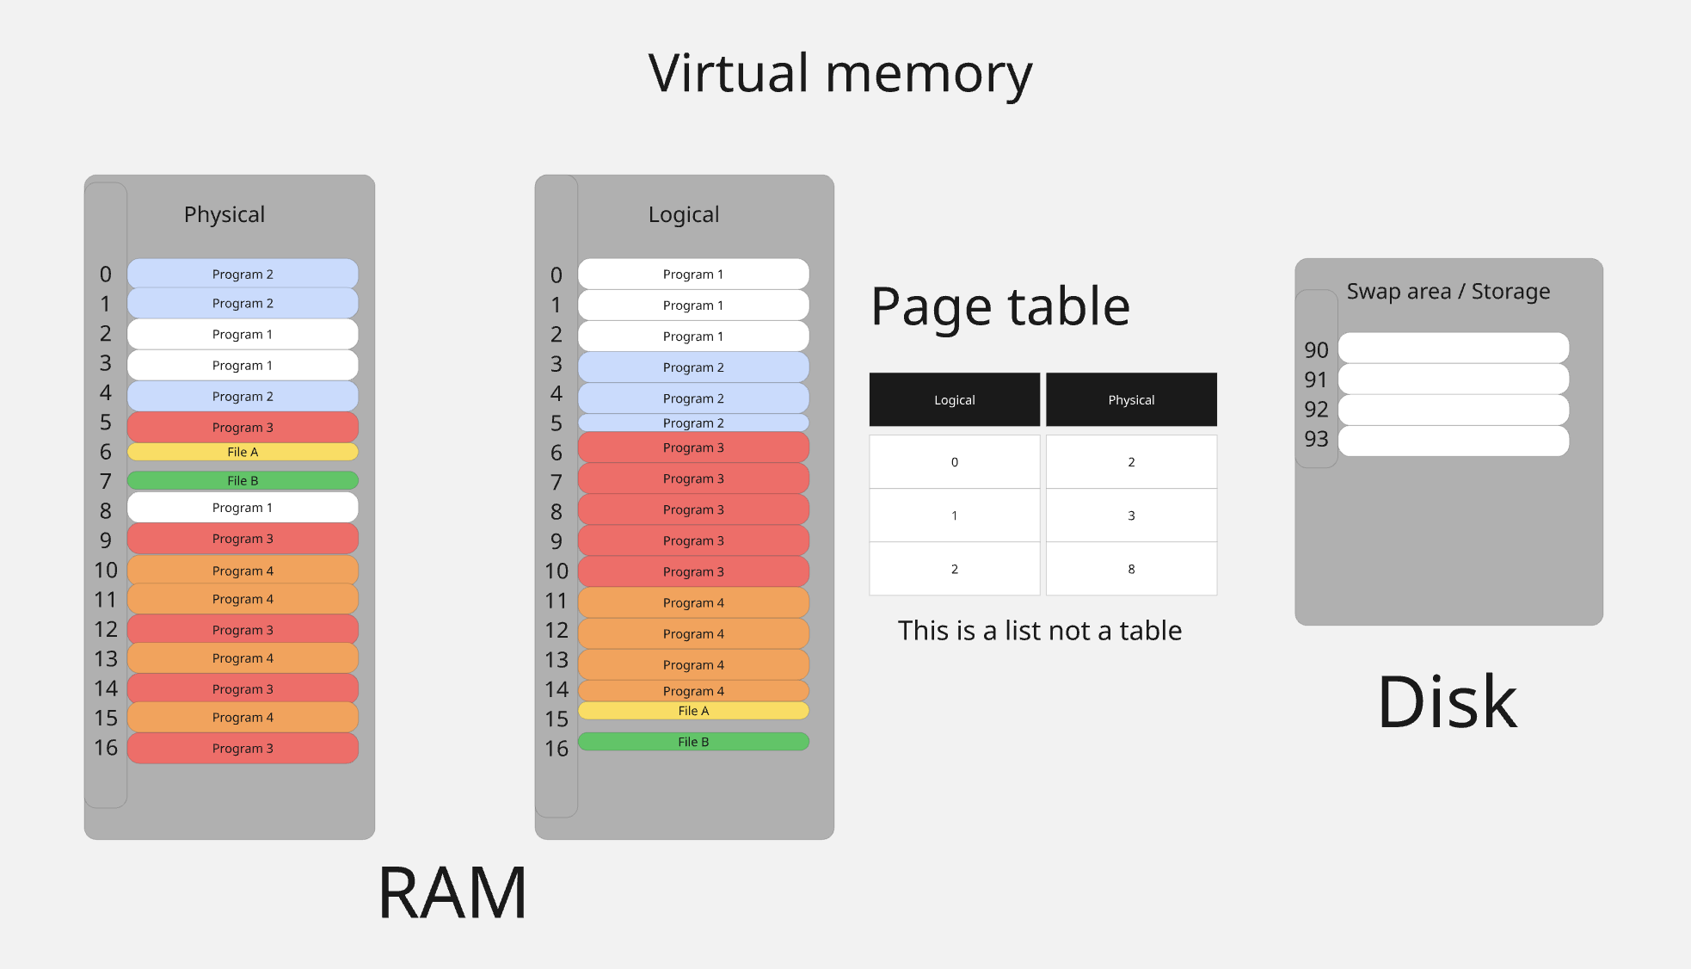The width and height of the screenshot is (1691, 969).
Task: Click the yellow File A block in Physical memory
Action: [243, 452]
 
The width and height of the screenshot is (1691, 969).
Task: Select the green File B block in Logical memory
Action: [693, 742]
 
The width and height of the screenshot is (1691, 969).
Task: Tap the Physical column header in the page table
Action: [1131, 400]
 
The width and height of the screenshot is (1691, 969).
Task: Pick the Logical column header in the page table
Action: [954, 400]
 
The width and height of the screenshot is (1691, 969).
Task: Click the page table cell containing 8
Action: [1131, 569]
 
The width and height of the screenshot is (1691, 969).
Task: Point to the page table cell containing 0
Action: [954, 462]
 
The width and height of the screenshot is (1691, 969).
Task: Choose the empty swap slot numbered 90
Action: [1454, 349]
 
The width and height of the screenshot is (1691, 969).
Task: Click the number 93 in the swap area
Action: [1316, 440]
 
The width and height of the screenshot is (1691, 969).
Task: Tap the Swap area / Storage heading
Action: [1448, 292]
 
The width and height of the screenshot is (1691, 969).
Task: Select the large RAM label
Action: [452, 893]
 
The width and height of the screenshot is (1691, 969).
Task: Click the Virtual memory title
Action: [839, 74]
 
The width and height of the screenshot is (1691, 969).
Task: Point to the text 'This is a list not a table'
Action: [1039, 631]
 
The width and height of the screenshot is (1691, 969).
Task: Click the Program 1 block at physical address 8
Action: [243, 508]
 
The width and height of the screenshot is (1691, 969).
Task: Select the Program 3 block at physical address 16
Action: [243, 749]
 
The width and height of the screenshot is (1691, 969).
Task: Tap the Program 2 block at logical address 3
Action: [693, 367]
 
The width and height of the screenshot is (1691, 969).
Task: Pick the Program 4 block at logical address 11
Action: [693, 603]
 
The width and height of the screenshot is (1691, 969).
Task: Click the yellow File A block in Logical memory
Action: [693, 711]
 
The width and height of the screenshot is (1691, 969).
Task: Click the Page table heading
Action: [999, 307]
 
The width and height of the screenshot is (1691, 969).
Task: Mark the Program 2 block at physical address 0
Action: [243, 275]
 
